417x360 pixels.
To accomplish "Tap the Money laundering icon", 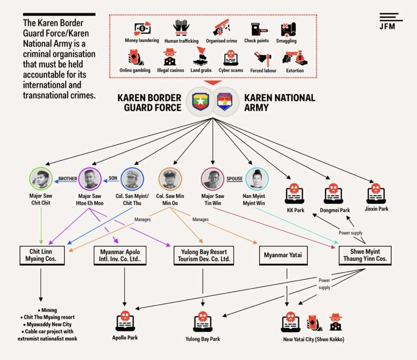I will [x=142, y=28].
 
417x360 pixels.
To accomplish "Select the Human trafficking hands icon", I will [x=181, y=28].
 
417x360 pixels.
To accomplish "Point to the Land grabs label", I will [x=201, y=70].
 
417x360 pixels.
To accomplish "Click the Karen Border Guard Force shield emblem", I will [x=200, y=101].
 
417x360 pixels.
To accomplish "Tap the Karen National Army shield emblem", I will [x=224, y=101].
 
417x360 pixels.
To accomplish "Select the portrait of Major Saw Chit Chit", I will [x=41, y=179].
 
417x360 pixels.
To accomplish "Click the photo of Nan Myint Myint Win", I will [x=257, y=179].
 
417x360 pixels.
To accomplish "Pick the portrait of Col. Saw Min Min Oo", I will [x=170, y=179].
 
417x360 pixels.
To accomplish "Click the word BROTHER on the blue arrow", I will [x=68, y=179].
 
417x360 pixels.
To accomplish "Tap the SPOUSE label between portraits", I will [x=235, y=179].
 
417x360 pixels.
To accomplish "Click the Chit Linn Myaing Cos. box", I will [x=41, y=255].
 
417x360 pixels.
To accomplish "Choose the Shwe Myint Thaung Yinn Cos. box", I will [x=365, y=255].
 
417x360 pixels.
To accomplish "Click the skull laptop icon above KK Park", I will [x=294, y=194].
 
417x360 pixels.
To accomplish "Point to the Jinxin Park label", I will [x=376, y=209].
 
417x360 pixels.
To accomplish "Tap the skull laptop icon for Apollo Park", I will [x=125, y=321].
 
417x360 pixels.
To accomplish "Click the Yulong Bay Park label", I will [x=202, y=339].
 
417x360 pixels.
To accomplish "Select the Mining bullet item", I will [x=47, y=310].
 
